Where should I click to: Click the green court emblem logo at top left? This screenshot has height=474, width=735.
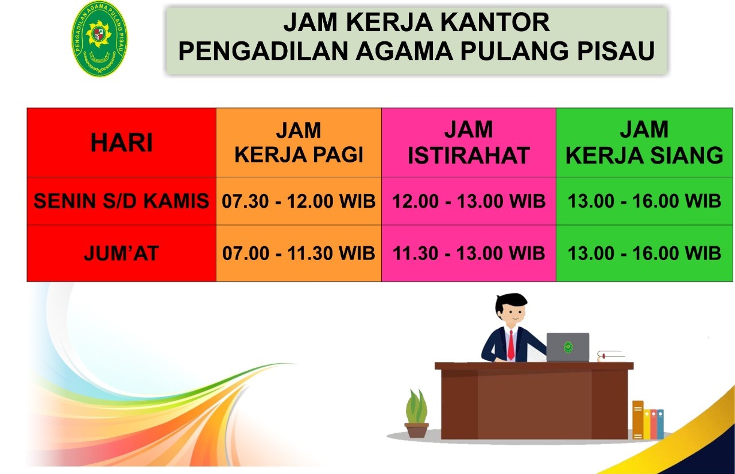(99, 38)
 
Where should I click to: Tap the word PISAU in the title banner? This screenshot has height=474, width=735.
(616, 51)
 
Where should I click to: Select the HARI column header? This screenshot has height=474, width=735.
(121, 142)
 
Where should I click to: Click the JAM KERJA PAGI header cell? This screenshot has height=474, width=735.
(299, 142)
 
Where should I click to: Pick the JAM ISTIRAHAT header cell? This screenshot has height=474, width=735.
(469, 142)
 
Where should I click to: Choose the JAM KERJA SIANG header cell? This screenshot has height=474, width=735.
(644, 142)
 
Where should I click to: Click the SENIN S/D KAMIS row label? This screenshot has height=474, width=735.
(121, 201)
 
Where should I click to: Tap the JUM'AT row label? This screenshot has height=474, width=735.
(121, 254)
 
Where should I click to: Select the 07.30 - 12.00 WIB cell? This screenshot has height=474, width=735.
(299, 201)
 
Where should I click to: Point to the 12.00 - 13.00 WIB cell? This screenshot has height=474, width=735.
(469, 201)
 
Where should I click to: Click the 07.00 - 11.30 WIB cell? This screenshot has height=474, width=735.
(299, 254)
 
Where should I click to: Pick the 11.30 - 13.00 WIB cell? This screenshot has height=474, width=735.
(469, 254)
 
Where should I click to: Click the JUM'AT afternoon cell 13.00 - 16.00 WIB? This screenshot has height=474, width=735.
(644, 254)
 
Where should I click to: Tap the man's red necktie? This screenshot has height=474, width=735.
(511, 345)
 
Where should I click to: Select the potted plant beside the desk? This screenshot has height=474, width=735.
(416, 413)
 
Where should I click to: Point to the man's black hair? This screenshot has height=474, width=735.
(510, 302)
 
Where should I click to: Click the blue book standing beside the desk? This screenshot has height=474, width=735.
(660, 424)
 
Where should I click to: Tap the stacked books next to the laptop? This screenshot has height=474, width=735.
(611, 356)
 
